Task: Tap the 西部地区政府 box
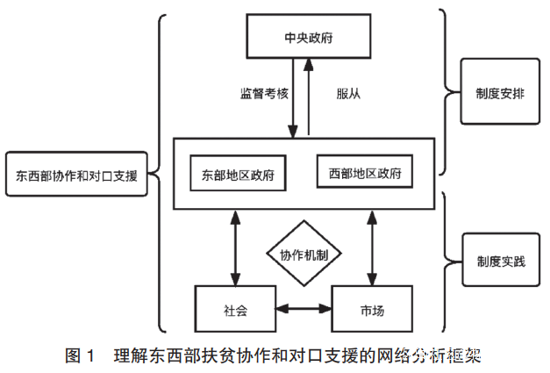pyautogui.click(x=364, y=172)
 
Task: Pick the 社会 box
pyautogui.click(x=235, y=309)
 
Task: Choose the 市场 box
pyautogui.click(x=372, y=309)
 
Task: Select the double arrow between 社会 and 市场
pyautogui.click(x=304, y=309)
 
